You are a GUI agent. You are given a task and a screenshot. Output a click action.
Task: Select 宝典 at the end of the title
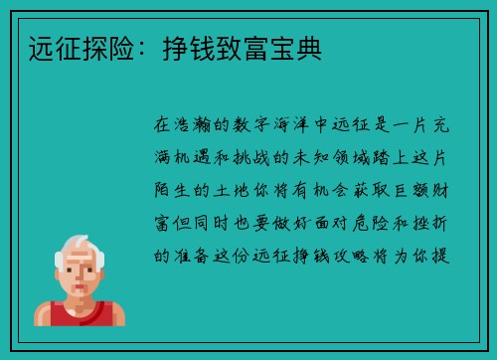coord(303,46)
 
